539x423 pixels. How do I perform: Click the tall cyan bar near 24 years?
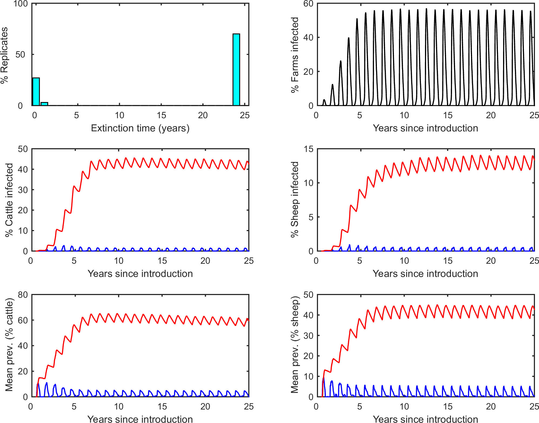236,69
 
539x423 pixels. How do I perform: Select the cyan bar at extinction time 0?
36,92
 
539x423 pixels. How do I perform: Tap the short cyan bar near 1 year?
44,104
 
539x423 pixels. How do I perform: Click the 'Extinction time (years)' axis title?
140,128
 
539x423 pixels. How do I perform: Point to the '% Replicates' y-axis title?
5,55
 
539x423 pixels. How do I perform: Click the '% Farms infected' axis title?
295,55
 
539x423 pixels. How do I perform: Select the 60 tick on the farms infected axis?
308,4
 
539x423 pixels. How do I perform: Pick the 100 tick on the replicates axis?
21,4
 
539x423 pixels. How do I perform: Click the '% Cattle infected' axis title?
9,200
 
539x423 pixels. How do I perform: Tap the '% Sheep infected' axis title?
295,199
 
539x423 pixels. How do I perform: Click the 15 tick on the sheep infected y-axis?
309,149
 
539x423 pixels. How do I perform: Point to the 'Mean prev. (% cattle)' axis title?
9,345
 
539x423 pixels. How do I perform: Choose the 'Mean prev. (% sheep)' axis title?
295,345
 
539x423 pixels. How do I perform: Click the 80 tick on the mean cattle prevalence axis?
23,295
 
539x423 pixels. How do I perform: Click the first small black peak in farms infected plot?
324,100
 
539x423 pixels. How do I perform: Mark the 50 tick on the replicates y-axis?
21,55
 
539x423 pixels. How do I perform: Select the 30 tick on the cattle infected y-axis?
23,190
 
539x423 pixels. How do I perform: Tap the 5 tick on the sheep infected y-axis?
311,217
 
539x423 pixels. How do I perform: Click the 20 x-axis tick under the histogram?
203,116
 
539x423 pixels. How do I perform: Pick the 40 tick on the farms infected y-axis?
308,38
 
